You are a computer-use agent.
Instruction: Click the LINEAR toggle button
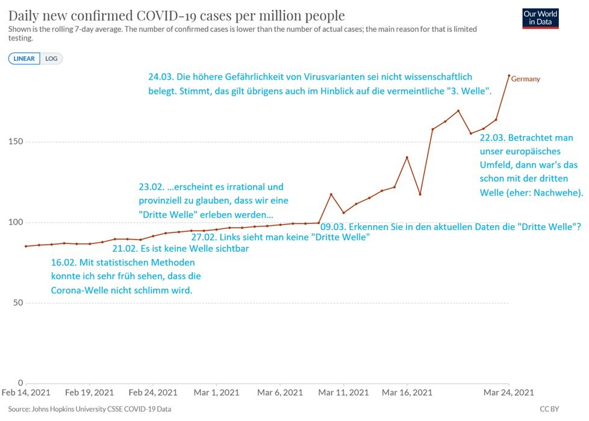point(25,58)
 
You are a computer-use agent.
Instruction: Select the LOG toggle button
point(52,58)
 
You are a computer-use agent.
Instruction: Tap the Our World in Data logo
point(540,18)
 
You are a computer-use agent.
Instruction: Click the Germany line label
point(526,79)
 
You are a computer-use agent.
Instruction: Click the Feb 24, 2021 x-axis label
point(153,393)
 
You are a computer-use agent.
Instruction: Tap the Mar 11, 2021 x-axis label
point(343,393)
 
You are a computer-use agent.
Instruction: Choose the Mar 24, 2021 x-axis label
point(509,393)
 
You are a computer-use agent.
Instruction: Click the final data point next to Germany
point(509,76)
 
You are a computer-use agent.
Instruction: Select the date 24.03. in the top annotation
point(163,77)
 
